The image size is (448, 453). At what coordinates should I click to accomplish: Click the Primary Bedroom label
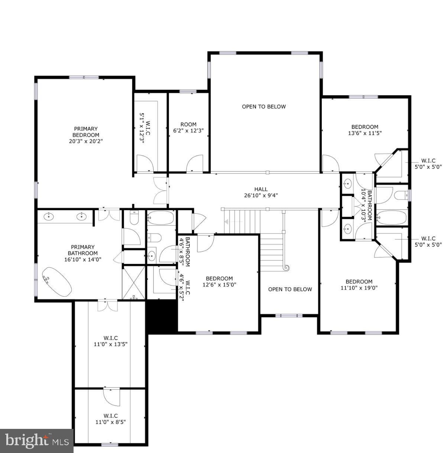[x=86, y=135]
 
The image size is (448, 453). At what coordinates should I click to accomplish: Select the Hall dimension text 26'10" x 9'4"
[x=261, y=195]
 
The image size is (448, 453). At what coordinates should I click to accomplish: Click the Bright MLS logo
[x=37, y=441]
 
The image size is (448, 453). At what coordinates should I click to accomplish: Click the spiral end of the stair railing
[x=286, y=267]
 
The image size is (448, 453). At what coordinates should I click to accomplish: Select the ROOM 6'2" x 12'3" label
[x=188, y=127]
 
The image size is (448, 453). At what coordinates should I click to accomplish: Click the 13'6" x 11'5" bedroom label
[x=365, y=130]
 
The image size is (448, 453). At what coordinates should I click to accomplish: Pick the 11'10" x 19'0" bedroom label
[x=359, y=284]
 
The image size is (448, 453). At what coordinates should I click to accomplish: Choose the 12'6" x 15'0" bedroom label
[x=219, y=281]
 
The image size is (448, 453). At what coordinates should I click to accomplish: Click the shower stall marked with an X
[x=134, y=282]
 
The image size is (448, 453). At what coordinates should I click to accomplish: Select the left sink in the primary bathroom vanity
[x=49, y=216]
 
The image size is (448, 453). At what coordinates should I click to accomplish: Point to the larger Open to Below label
[x=264, y=107]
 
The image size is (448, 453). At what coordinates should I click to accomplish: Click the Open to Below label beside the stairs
[x=290, y=289]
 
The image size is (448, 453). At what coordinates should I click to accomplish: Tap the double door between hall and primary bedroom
[x=161, y=190]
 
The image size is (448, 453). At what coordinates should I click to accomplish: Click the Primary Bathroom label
[x=83, y=253]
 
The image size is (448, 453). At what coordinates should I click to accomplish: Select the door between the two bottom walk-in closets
[x=112, y=397]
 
